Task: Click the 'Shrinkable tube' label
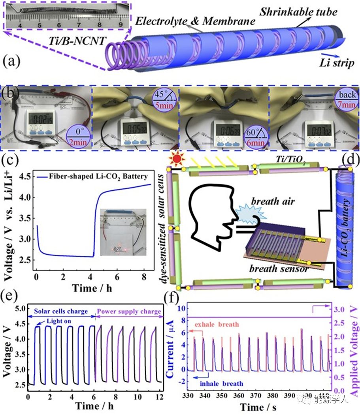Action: [x=298, y=11]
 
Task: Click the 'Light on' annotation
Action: [x=58, y=321]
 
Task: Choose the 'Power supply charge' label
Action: [x=129, y=312]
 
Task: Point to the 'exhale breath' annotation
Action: [x=222, y=324]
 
